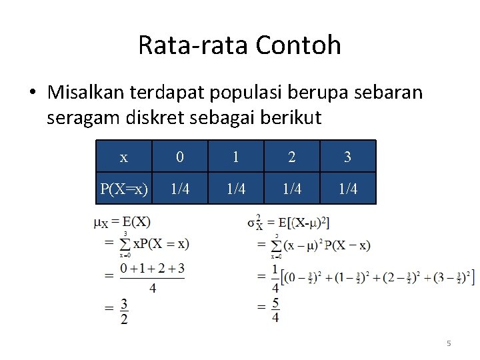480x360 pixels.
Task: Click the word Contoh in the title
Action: [x=299, y=45]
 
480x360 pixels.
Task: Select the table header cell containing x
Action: [x=124, y=157]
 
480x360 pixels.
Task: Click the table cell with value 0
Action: [x=180, y=157]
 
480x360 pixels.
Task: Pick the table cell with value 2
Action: [x=292, y=157]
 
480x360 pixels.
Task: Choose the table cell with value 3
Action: [x=348, y=157]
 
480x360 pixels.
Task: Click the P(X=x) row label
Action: [x=124, y=189]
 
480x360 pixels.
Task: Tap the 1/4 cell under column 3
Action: [x=348, y=189]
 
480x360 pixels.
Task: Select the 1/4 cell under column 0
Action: [x=180, y=189]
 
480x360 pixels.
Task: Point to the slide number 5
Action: [x=449, y=343]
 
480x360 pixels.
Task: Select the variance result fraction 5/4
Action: [x=275, y=309]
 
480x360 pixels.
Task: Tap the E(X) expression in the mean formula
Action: [x=137, y=222]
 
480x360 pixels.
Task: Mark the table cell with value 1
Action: [x=236, y=157]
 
